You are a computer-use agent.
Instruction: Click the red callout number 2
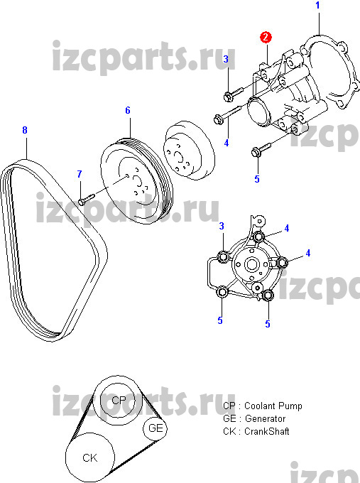click(266, 37)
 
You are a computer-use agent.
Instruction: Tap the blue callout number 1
click(318, 6)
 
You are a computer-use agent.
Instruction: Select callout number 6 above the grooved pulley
click(128, 110)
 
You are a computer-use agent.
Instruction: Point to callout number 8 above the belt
click(25, 130)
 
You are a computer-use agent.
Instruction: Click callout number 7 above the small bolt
click(80, 174)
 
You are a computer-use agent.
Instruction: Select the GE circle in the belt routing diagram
click(156, 428)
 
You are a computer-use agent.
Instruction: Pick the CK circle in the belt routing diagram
click(90, 457)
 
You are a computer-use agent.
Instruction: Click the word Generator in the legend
click(265, 418)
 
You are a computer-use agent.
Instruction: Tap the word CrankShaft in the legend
click(267, 431)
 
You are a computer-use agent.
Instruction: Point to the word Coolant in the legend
click(257, 406)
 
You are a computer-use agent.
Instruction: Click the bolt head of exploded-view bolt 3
click(228, 97)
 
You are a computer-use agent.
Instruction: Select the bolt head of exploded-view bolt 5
click(256, 152)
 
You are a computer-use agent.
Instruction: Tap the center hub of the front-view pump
click(251, 264)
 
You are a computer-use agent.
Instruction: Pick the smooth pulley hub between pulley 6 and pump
click(189, 150)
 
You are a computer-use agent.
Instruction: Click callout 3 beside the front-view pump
click(222, 226)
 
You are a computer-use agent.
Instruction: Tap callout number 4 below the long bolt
click(227, 143)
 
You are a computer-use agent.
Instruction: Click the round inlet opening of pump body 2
click(258, 112)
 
